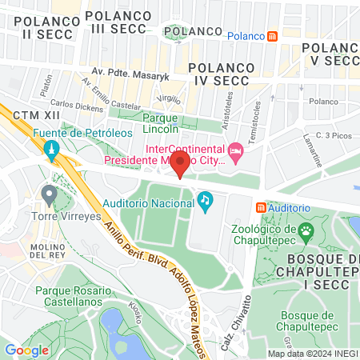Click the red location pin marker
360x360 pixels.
pos(181,166)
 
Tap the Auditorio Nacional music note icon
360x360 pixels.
pos(205,198)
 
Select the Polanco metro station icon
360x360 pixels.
pos(273,36)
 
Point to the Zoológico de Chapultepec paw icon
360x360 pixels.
pos(306,232)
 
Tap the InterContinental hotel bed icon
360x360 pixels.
pos(235,150)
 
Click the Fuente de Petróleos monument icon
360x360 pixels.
pos(50,148)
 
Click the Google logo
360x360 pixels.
pos(26,350)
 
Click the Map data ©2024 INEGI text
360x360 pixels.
pos(312,354)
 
